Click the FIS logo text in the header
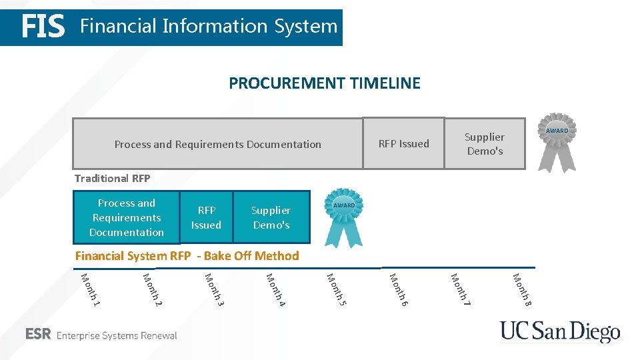point(43,27)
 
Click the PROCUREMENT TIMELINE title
point(325,83)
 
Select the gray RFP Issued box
point(403,143)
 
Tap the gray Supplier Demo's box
point(485,143)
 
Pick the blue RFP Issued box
point(206,217)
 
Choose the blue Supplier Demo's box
point(271,217)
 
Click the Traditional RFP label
point(113,178)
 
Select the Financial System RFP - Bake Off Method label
point(187,255)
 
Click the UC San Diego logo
point(560,332)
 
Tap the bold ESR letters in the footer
point(38,335)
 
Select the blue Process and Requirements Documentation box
point(127,217)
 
